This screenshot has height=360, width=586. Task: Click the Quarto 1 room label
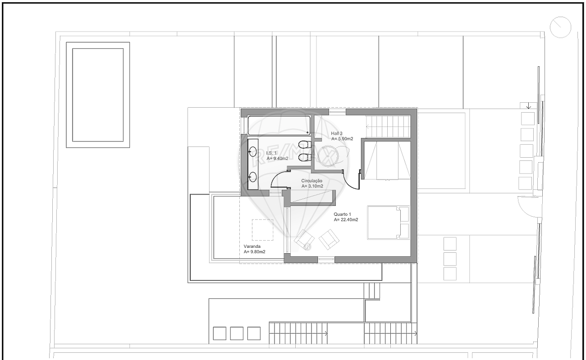tap(342, 214)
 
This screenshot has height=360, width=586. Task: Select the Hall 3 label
tap(336, 133)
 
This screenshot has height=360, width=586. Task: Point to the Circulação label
tap(311, 181)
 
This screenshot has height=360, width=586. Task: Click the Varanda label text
tap(252, 246)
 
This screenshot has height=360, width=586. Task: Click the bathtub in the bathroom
tap(279, 126)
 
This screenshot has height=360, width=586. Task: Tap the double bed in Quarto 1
tap(388, 223)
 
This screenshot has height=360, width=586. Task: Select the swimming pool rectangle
tap(98, 95)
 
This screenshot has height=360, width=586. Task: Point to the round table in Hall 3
tap(328, 156)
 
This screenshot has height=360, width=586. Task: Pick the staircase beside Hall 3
tap(388, 127)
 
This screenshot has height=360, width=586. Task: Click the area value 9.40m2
tap(277, 159)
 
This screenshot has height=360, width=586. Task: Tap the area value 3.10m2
tap(312, 186)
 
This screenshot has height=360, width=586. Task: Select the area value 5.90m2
tap(342, 139)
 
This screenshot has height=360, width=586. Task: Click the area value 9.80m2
tap(255, 252)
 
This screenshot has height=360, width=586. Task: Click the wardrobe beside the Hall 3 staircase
tap(388, 160)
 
